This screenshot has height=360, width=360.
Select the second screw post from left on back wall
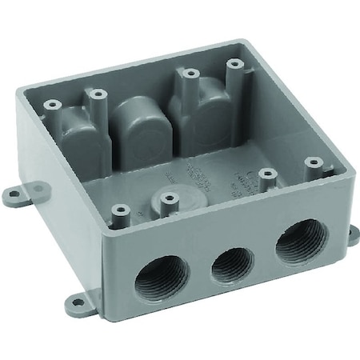(x=99, y=94)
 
